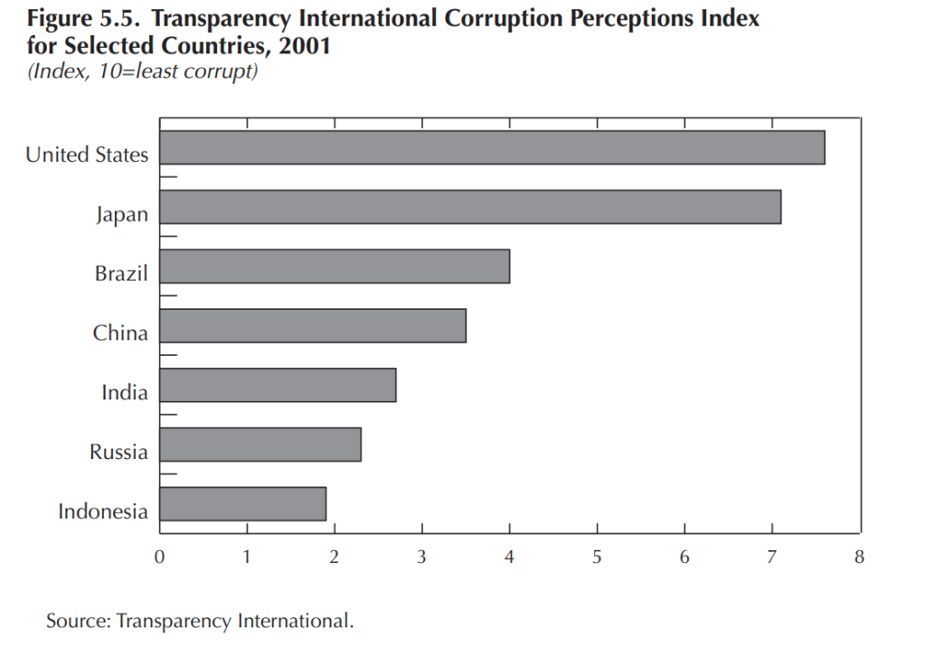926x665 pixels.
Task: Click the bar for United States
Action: coord(492,147)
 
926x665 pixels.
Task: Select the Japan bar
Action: coord(470,207)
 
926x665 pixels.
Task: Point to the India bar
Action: coord(278,385)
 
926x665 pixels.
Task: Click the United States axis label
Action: coord(87,155)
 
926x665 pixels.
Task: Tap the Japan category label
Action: coord(122,215)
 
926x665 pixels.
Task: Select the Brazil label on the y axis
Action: coord(121,273)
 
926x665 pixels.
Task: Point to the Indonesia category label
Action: coord(103,511)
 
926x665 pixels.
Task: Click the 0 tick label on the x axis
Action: coord(159,557)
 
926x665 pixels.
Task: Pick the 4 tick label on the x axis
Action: coord(509,557)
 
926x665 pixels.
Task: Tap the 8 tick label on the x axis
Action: coord(859,557)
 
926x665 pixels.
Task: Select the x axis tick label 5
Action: coord(597,557)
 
